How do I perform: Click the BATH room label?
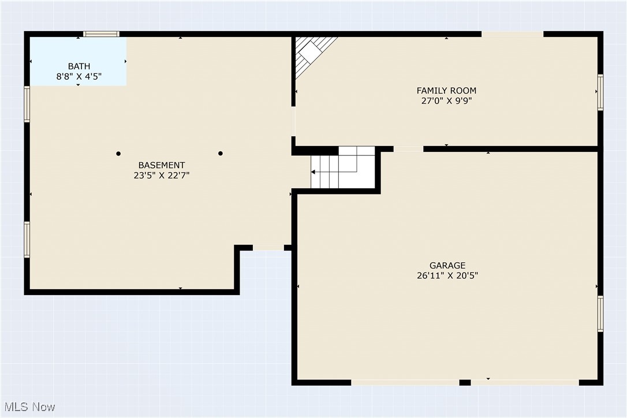79,66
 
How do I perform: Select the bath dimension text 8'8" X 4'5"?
79,76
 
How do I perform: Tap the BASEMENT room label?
162,165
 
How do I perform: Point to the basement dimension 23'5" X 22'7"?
162,175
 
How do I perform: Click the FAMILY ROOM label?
446,91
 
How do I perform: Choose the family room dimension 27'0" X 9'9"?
446,100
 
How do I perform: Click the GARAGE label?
447,266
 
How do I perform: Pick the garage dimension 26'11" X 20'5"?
447,275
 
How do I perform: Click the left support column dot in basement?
118,154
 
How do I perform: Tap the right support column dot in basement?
221,154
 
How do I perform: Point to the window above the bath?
102,34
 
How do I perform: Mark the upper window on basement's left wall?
27,104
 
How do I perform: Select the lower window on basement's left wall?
27,240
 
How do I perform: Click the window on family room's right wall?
600,92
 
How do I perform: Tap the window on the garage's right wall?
600,313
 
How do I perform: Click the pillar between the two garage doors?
465,382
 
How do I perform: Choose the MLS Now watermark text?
28,407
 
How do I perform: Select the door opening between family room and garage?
408,149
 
